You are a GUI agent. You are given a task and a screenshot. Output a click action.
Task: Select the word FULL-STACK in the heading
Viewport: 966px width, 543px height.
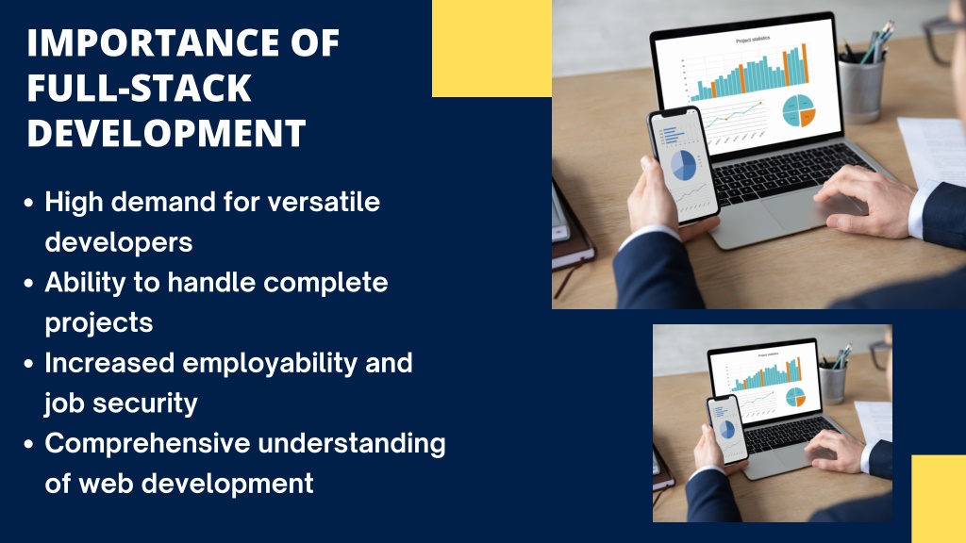pyautogui.click(x=140, y=88)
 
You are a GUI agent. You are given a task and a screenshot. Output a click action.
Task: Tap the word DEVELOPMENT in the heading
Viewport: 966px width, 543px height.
pyautogui.click(x=166, y=133)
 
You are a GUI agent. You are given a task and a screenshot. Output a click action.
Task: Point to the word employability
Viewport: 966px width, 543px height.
pyautogui.click(x=270, y=364)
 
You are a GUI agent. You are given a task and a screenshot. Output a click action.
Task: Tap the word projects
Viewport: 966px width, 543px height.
pyautogui.click(x=98, y=323)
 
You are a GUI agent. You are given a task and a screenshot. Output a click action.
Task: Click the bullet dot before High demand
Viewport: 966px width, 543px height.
pyautogui.click(x=28, y=203)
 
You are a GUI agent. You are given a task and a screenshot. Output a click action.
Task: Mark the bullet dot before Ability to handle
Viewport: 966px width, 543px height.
pyautogui.click(x=28, y=283)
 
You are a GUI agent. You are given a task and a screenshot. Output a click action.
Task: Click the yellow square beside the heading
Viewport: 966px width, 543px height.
pyautogui.click(x=491, y=48)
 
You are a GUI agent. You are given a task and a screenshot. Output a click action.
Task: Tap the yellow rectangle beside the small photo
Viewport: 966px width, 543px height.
pyautogui.click(x=939, y=499)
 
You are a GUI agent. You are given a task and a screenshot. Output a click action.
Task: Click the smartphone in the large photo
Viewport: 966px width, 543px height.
pyautogui.click(x=683, y=166)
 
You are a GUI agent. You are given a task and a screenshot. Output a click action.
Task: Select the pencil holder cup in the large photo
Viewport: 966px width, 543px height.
pyautogui.click(x=861, y=88)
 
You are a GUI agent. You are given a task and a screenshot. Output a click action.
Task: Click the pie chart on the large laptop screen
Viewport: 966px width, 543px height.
pyautogui.click(x=799, y=111)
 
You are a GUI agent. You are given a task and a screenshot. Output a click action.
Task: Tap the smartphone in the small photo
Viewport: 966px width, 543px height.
pyautogui.click(x=727, y=429)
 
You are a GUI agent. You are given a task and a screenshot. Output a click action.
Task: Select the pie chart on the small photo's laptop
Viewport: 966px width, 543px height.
pyautogui.click(x=795, y=397)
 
